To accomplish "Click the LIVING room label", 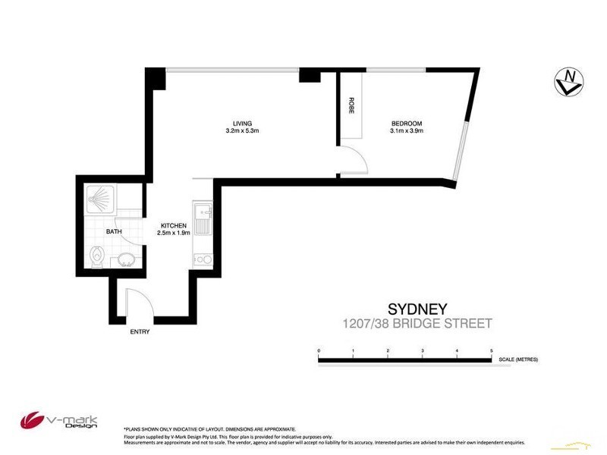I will click(242, 124).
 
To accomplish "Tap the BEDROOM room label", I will click(406, 124).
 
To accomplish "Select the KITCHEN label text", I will click(173, 226).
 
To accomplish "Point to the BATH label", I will click(114, 232).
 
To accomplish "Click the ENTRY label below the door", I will click(140, 331).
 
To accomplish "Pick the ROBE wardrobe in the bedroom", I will click(351, 106).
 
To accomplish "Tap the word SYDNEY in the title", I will click(417, 309).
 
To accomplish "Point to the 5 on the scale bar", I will click(492, 351).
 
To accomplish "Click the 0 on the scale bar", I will click(319, 351).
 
